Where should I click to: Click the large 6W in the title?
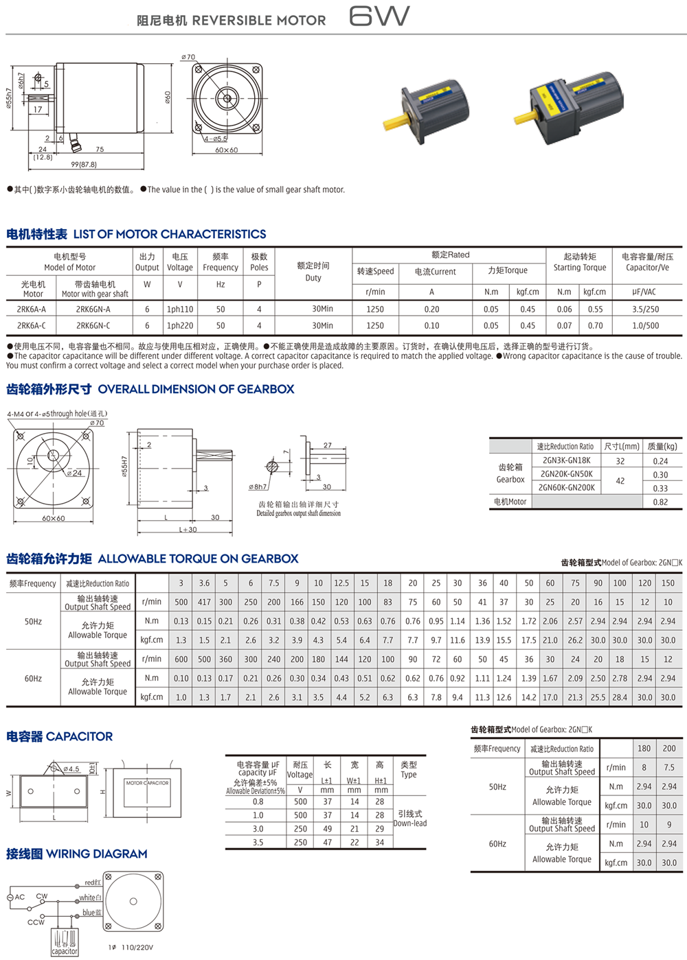[379, 16]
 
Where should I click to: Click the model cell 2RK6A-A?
[32, 309]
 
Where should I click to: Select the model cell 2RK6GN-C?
[93, 326]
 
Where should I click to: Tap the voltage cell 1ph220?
[180, 326]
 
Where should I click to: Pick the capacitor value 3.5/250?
[645, 309]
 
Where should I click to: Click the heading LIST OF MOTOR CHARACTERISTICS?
[170, 235]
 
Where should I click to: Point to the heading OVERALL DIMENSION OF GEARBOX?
[196, 390]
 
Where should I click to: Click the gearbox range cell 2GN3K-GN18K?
[566, 461]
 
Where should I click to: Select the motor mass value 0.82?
[660, 502]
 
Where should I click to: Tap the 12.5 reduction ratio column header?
[341, 583]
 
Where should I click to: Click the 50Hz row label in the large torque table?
[34, 622]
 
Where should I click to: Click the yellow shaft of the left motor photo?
[397, 123]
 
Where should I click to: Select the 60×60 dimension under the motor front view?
[226, 150]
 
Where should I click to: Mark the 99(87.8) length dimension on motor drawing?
[84, 165]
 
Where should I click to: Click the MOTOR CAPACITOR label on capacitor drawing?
[147, 783]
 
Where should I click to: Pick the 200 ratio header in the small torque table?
[669, 749]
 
